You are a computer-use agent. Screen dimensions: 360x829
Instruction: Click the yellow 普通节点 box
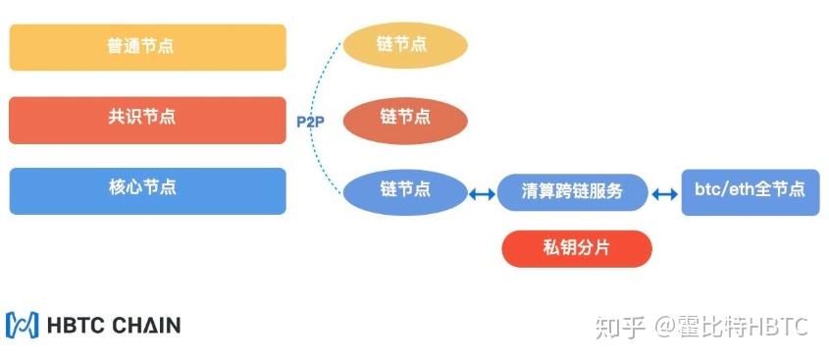pos(147,47)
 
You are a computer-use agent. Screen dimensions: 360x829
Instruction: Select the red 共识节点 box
pos(147,119)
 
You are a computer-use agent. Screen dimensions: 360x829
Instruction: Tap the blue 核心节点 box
pos(147,190)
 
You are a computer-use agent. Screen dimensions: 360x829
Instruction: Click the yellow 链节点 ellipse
pos(404,45)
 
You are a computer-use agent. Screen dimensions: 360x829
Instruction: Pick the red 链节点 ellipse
pos(404,118)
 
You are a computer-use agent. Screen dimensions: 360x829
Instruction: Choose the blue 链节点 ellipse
pos(404,189)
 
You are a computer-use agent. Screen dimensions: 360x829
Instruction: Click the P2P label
pos(311,122)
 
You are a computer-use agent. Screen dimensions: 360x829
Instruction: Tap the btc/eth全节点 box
pos(750,189)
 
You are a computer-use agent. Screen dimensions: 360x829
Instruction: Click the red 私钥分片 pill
pos(577,249)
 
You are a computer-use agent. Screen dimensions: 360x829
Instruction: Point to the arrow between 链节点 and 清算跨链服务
pos(481,194)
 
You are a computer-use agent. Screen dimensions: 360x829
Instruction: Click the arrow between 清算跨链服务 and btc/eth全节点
pos(665,194)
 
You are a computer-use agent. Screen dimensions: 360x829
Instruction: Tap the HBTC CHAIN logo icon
pos(22,325)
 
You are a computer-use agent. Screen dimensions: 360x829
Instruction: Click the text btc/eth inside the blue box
pos(728,189)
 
